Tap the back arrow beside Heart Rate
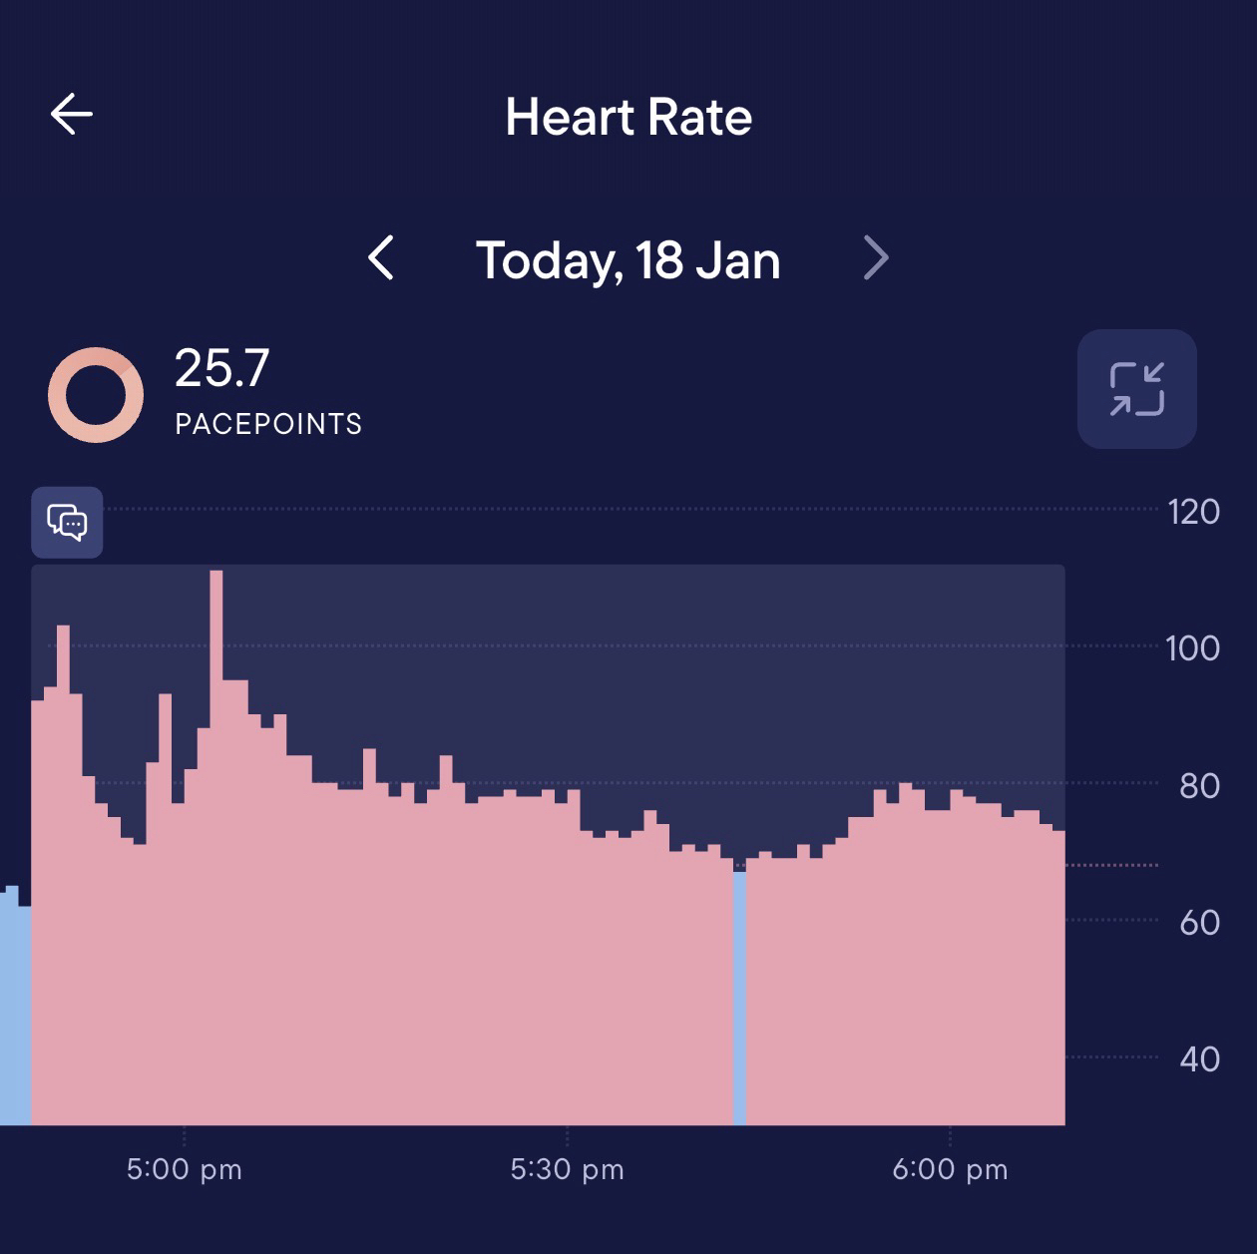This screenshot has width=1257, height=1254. pyautogui.click(x=72, y=114)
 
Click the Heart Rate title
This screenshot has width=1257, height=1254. pyautogui.click(x=628, y=117)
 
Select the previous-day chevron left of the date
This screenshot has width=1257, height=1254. pyautogui.click(x=381, y=258)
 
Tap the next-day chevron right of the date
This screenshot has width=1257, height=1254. pyautogui.click(x=875, y=258)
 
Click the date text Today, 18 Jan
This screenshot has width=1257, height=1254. pyautogui.click(x=628, y=260)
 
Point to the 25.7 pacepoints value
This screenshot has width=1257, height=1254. pyautogui.click(x=221, y=368)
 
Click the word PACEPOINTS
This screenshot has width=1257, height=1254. pyautogui.click(x=268, y=424)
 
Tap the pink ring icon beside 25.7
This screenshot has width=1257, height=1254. pyautogui.click(x=96, y=395)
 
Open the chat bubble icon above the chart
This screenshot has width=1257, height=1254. pyautogui.click(x=67, y=522)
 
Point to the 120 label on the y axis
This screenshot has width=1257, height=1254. pyautogui.click(x=1193, y=512)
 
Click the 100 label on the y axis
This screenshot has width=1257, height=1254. pyautogui.click(x=1193, y=648)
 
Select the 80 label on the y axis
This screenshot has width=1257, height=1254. pyautogui.click(x=1199, y=786)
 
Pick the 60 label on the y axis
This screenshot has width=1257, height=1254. pyautogui.click(x=1199, y=923)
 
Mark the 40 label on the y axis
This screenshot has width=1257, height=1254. pyautogui.click(x=1199, y=1058)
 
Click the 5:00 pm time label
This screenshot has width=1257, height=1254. pyautogui.click(x=185, y=1169)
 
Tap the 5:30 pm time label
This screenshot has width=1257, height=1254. pyautogui.click(x=567, y=1169)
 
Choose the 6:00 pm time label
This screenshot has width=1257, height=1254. pyautogui.click(x=950, y=1169)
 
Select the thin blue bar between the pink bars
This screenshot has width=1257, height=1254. pyautogui.click(x=739, y=998)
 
